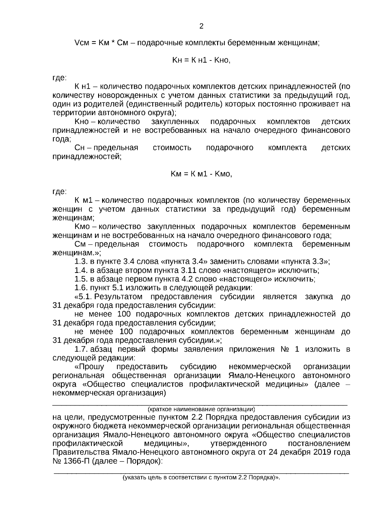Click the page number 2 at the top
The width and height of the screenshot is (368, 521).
point(201,26)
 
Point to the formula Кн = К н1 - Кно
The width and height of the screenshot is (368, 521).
point(201,60)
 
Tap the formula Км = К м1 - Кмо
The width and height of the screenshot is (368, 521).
point(201,174)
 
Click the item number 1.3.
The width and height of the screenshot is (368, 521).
point(81,262)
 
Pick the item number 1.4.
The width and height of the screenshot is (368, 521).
point(81,270)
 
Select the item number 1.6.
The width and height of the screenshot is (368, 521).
point(81,288)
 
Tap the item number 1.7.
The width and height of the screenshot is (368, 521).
point(81,349)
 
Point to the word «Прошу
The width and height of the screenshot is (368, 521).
point(89,367)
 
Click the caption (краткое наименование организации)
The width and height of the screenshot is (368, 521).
point(201,409)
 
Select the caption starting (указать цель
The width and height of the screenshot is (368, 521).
point(201,478)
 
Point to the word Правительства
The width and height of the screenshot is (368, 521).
point(81,453)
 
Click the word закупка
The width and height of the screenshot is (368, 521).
point(319,297)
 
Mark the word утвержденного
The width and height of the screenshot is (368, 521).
point(239,444)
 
